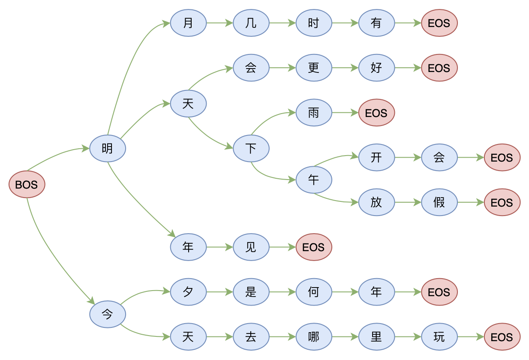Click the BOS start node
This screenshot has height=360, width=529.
(27, 184)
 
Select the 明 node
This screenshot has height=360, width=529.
(108, 148)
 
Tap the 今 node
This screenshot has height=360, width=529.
(108, 314)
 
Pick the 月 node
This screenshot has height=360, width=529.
(188, 23)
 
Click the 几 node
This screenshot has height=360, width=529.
(251, 23)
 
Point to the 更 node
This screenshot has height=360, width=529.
(314, 68)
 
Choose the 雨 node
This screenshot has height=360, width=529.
(314, 113)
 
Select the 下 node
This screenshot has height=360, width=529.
(251, 148)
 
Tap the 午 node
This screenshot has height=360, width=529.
(314, 180)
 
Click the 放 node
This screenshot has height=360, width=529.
(376, 202)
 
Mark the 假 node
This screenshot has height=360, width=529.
(439, 202)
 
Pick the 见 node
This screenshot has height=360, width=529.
(251, 247)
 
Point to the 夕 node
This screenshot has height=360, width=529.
(188, 292)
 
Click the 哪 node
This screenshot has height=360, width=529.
(314, 337)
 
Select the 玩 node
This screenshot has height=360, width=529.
(439, 337)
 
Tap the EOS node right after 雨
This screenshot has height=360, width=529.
(376, 113)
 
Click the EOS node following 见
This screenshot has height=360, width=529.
(314, 247)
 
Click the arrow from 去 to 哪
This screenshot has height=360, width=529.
(283, 337)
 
